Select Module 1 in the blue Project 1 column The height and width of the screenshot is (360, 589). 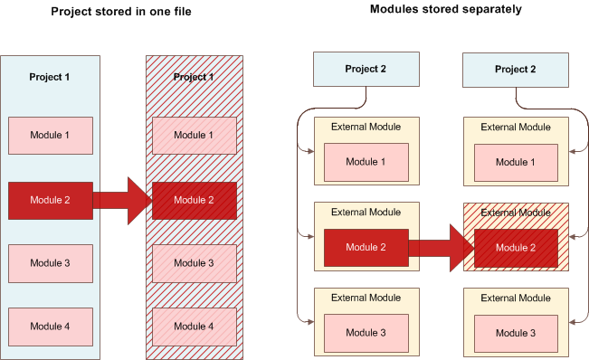tap(49, 135)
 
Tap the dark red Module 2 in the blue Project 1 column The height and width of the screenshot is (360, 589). tap(49, 200)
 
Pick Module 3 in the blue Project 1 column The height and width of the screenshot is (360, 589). tap(49, 262)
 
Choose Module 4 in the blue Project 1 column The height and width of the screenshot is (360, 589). tap(49, 325)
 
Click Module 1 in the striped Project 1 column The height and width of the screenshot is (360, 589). tap(195, 135)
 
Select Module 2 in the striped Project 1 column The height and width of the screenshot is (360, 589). tap(195, 200)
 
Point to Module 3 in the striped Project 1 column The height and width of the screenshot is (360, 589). tap(195, 262)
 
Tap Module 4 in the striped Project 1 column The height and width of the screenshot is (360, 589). tap(195, 325)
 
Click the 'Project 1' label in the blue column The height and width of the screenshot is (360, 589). tap(49, 77)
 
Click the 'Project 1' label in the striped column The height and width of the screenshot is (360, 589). tap(194, 77)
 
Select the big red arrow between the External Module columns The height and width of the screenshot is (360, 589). tap(441, 247)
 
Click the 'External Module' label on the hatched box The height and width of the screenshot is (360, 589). tap(515, 213)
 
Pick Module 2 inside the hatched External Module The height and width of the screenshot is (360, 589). tap(515, 247)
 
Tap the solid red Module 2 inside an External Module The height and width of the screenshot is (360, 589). tap(366, 247)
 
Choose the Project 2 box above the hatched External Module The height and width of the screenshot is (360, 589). tap(516, 70)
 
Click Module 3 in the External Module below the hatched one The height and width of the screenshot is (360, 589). tap(515, 333)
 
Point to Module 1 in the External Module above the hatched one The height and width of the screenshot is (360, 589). tap(515, 162)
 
